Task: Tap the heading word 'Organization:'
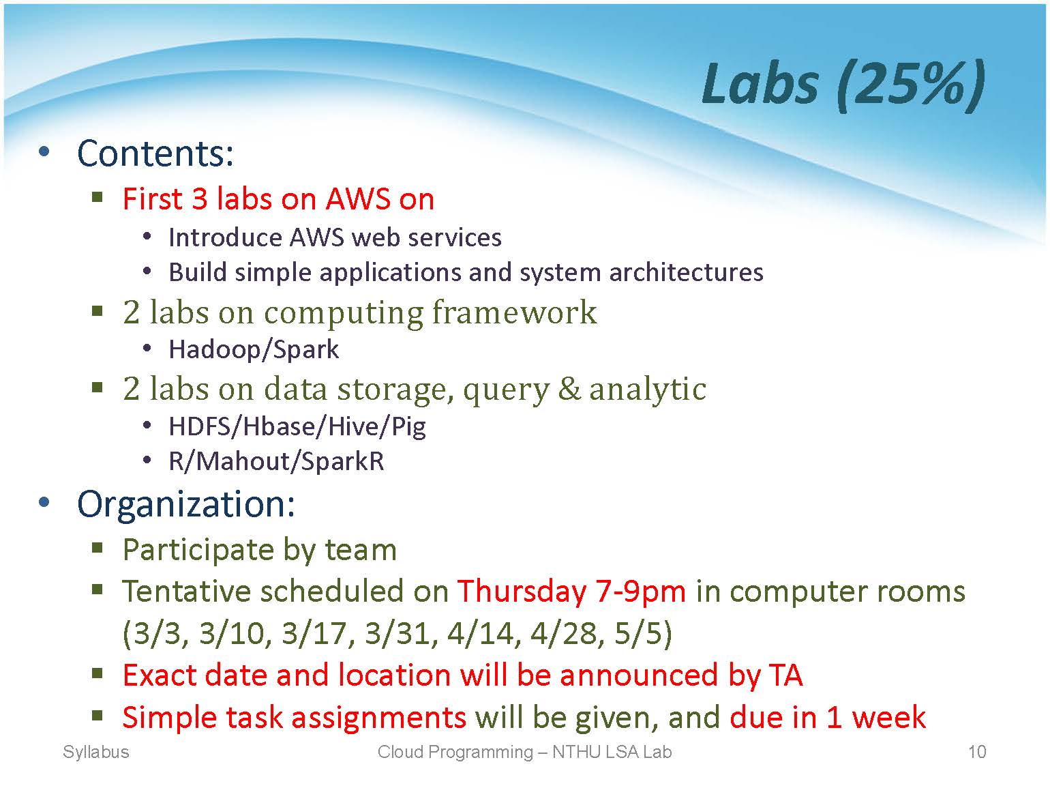[186, 504]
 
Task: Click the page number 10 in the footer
[977, 752]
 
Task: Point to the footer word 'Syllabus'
[95, 753]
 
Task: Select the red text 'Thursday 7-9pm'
[571, 592]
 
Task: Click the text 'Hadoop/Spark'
[254, 350]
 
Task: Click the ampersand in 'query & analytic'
[569, 389]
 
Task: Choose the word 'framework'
[514, 312]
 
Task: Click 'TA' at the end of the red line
[786, 675]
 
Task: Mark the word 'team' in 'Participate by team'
[361, 550]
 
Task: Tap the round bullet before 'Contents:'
[44, 152]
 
